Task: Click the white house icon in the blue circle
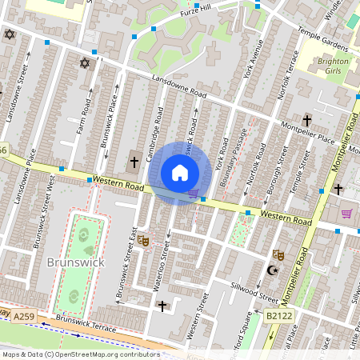coord(180,173)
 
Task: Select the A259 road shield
coord(24,318)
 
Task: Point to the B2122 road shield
coord(278,317)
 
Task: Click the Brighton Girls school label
coord(333,66)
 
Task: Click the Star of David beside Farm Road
coord(84,63)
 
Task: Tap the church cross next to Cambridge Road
coord(134,163)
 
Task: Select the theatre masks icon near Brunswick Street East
coord(144,239)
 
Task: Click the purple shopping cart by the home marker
coord(193,193)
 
